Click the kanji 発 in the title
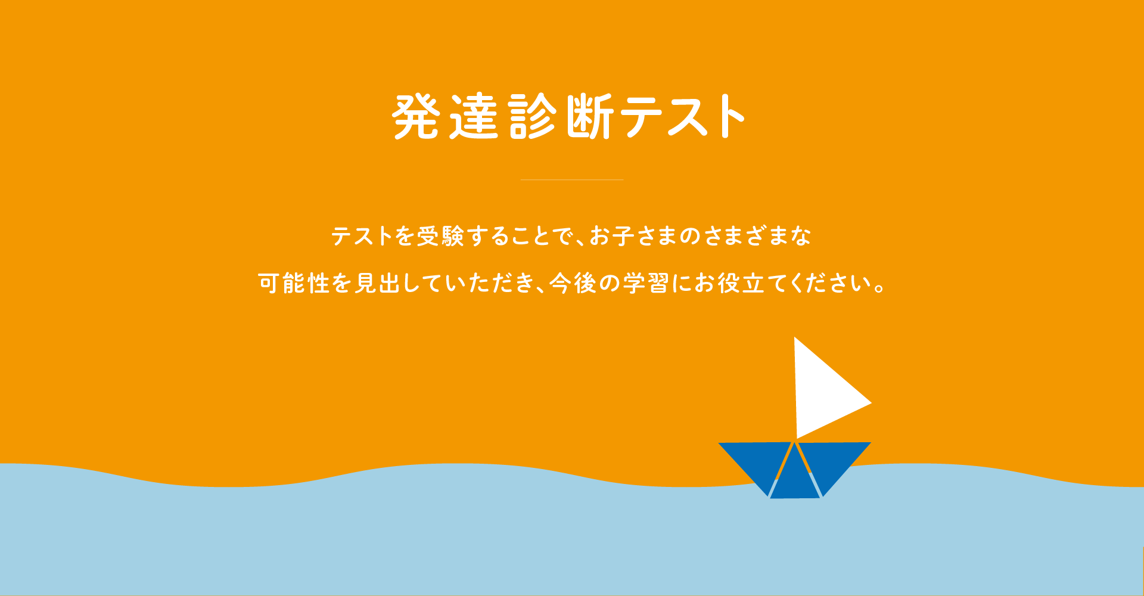[x=416, y=116]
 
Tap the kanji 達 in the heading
[x=474, y=116]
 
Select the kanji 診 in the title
[x=533, y=116]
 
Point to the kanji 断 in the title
[x=590, y=116]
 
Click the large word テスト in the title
[x=683, y=116]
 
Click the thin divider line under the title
[x=572, y=179]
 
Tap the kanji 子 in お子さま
[x=623, y=237]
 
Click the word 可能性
[x=294, y=283]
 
